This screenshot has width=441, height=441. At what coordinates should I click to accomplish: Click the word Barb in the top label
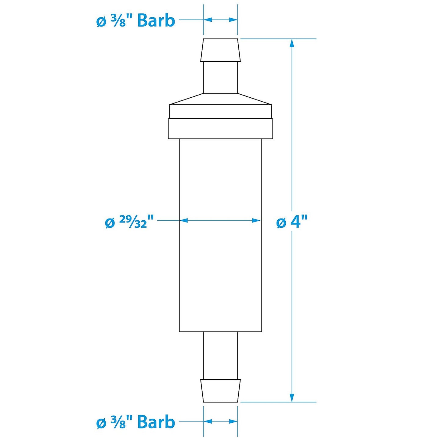pos(156,21)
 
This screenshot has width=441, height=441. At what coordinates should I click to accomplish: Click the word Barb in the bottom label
pos(156,422)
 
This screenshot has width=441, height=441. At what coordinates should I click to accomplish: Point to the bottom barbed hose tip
pos(220,391)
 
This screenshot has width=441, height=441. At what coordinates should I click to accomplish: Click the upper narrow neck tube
pos(220,77)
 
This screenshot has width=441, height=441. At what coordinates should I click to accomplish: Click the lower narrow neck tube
pos(220,356)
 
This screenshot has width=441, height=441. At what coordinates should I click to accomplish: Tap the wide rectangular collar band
pos(220,129)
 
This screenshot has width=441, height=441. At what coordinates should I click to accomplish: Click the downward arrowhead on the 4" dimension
pos(292,397)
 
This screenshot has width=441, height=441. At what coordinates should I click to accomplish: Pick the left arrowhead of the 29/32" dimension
pos(183,220)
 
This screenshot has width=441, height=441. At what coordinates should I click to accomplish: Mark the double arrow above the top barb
pos(220,20)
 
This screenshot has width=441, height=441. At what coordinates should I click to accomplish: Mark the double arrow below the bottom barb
pos(220,421)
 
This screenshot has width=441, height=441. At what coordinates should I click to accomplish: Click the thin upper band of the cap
pos(220,111)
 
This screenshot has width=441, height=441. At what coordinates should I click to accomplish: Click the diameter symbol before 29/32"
pos(110,223)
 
